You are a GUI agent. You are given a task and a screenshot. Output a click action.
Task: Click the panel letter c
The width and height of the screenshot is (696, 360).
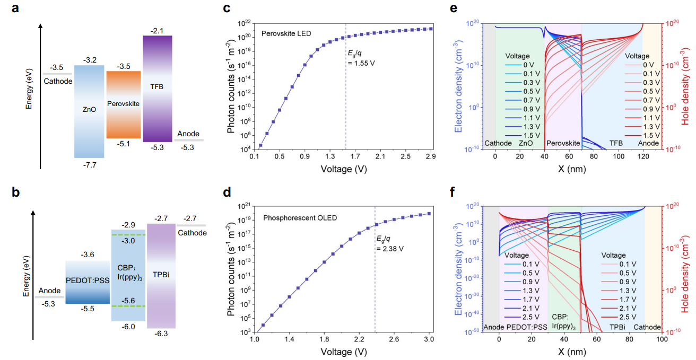[227, 8]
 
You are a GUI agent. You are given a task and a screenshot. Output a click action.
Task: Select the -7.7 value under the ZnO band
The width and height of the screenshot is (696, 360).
[89, 165]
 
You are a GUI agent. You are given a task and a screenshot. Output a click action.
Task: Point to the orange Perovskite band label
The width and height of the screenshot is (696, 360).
[123, 104]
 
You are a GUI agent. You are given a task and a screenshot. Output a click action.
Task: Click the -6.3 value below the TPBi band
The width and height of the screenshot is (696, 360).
[161, 335]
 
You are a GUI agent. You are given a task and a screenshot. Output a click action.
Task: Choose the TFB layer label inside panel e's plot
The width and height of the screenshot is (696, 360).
[616, 143]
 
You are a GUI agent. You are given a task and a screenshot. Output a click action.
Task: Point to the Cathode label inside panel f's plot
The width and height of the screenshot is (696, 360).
[647, 327]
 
